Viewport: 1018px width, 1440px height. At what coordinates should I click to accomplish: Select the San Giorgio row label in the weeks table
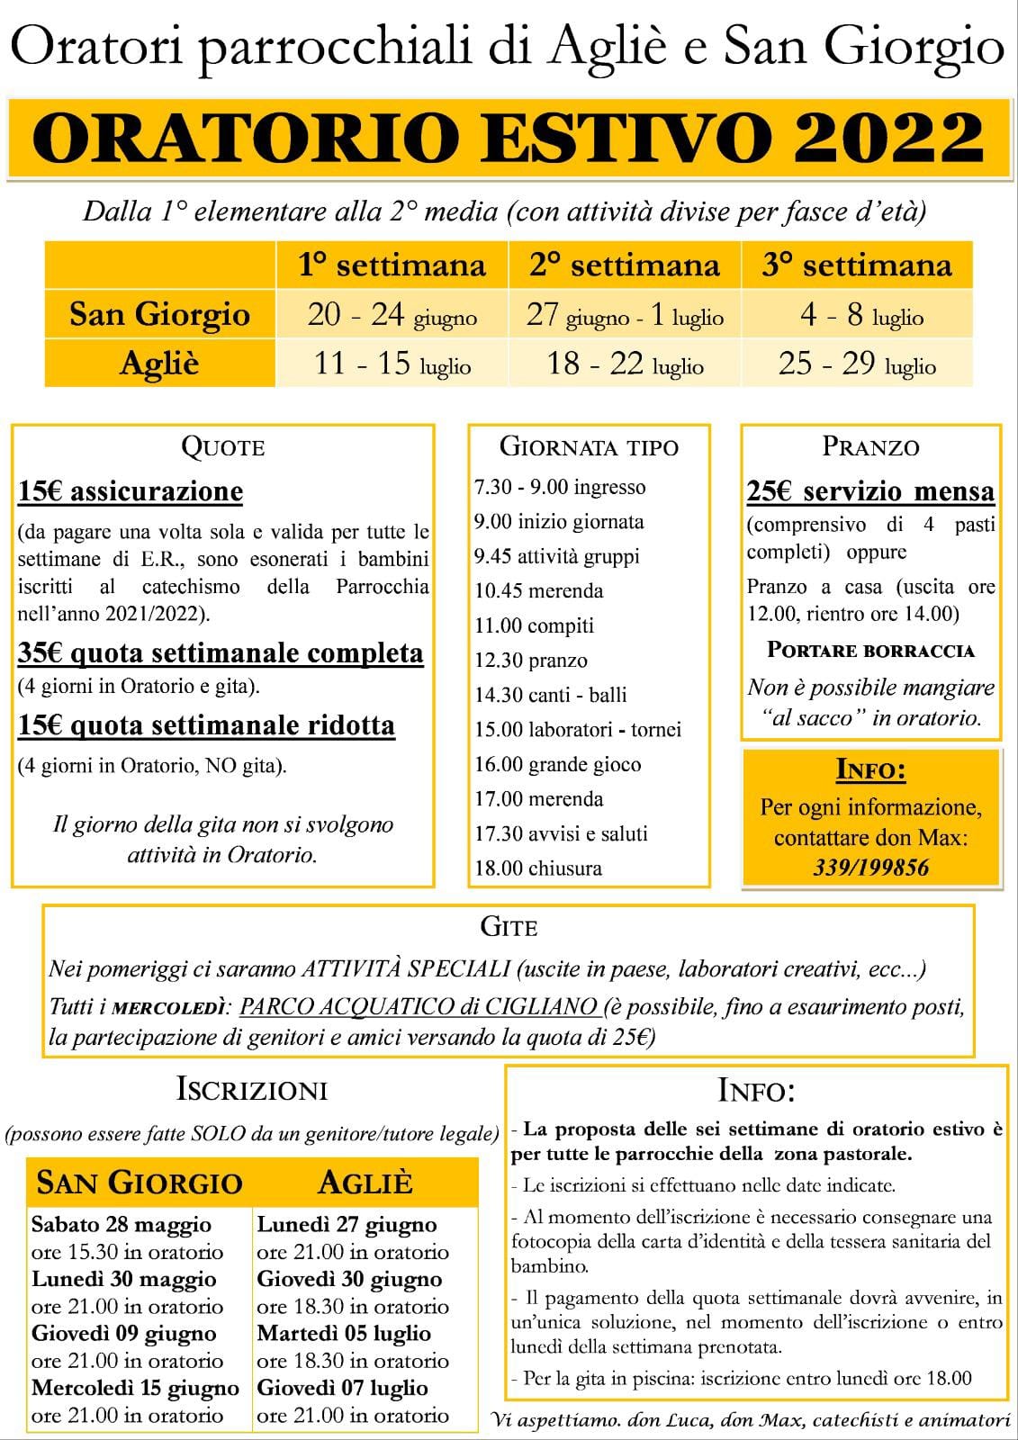click(160, 314)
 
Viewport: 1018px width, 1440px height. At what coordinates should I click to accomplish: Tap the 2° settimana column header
click(625, 265)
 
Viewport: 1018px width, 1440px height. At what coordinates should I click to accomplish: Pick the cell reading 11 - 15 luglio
click(392, 364)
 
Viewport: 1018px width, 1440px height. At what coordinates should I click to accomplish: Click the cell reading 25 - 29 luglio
click(857, 364)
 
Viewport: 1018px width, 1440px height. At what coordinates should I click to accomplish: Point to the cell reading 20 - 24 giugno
click(392, 315)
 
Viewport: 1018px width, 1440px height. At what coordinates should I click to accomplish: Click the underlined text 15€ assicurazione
click(131, 491)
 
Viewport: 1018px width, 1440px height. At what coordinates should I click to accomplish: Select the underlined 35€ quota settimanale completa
click(221, 652)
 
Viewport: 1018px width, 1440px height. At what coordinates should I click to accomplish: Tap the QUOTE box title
click(222, 446)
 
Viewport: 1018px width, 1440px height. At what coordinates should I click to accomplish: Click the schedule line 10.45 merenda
click(539, 591)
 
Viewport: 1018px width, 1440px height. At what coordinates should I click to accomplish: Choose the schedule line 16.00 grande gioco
click(558, 765)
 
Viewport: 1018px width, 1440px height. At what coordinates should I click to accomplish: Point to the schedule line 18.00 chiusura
click(538, 868)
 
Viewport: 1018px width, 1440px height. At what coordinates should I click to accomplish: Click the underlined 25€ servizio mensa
click(870, 491)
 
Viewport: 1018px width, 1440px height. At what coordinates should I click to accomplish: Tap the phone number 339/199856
click(870, 867)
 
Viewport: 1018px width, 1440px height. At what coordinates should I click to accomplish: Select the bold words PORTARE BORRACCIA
click(870, 650)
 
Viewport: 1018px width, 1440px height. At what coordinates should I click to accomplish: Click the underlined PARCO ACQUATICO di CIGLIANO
click(419, 1006)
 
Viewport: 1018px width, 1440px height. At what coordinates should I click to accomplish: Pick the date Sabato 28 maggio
click(122, 1225)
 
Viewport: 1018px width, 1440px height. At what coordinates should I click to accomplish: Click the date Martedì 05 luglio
click(344, 1333)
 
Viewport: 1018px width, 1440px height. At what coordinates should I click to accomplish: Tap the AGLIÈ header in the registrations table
click(365, 1182)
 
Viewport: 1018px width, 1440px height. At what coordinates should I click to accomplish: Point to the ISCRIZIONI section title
click(252, 1090)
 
